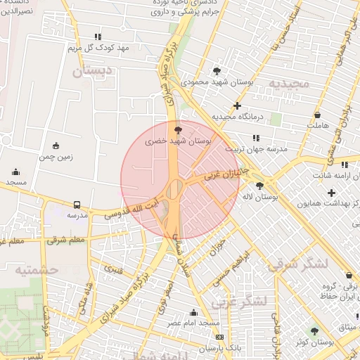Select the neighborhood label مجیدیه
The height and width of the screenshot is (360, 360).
[289, 83]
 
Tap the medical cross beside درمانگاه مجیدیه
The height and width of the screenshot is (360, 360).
[237, 105]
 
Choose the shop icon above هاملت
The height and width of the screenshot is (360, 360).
[318, 114]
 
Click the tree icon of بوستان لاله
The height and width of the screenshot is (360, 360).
[260, 186]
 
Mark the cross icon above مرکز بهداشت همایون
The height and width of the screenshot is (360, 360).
[332, 193]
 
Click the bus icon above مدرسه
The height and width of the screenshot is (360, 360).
[76, 205]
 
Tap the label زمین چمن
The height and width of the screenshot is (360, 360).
[56, 157]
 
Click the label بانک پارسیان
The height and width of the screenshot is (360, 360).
[219, 348]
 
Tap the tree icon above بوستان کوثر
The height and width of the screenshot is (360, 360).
[314, 330]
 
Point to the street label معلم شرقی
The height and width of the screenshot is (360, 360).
[67, 240]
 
